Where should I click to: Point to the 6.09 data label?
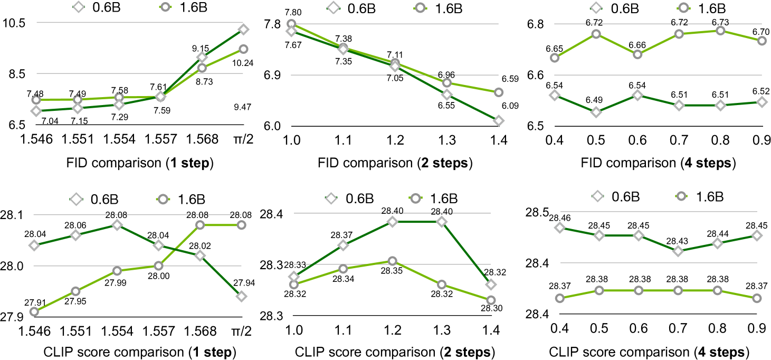pos(492,106)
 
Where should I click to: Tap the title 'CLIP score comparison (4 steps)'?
pos(649,351)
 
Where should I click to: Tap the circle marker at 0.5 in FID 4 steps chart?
pos(596,34)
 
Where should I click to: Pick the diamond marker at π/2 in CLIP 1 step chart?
pos(242,296)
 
